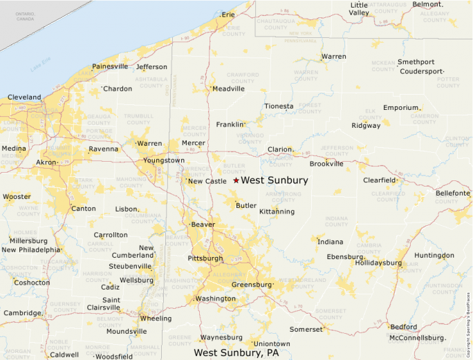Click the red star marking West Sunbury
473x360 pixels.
click(x=236, y=180)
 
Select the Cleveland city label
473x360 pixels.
click(x=24, y=97)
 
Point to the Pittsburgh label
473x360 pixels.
click(x=205, y=258)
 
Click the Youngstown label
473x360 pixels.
click(x=164, y=160)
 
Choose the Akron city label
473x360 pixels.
click(x=46, y=163)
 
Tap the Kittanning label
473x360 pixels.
click(x=277, y=211)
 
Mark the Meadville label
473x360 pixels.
click(x=229, y=88)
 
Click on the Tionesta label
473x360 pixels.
click(x=279, y=106)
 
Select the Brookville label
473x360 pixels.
click(x=326, y=164)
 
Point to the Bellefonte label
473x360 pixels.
click(x=452, y=193)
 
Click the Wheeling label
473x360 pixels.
click(x=156, y=319)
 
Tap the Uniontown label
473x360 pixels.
click(x=272, y=343)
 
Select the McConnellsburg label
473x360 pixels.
click(x=416, y=338)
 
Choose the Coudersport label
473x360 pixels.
click(x=420, y=71)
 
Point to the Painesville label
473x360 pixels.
click(x=110, y=66)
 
